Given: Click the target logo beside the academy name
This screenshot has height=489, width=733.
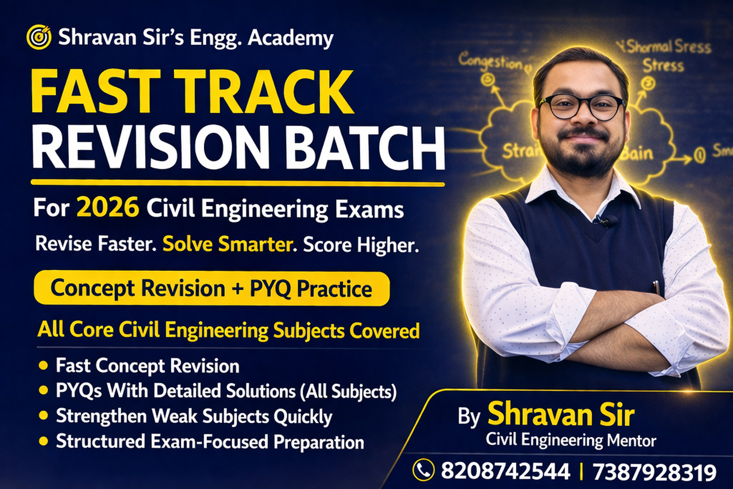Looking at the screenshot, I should pos(39,37).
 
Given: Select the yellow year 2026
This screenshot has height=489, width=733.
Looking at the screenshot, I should pos(108,208).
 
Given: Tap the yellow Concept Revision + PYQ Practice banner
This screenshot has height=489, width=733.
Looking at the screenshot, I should pos(211,288).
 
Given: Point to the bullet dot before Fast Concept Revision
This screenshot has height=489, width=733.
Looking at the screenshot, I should pos(43,366).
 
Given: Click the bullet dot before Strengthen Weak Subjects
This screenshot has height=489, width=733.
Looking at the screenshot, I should pos(43,416).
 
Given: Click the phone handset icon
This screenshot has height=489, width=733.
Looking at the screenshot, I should pos(423,470).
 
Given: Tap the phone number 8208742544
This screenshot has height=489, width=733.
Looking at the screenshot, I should pos(505,471).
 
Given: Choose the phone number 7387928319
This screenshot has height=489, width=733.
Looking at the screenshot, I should pos(654,472).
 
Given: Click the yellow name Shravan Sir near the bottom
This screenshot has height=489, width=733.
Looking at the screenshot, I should pos(561,414).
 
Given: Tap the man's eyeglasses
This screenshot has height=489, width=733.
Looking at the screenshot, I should pos(581,107).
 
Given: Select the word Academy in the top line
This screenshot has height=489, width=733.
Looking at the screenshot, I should pos(291,38).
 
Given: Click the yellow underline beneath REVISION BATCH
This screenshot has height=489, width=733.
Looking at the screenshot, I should pos(238,183).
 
